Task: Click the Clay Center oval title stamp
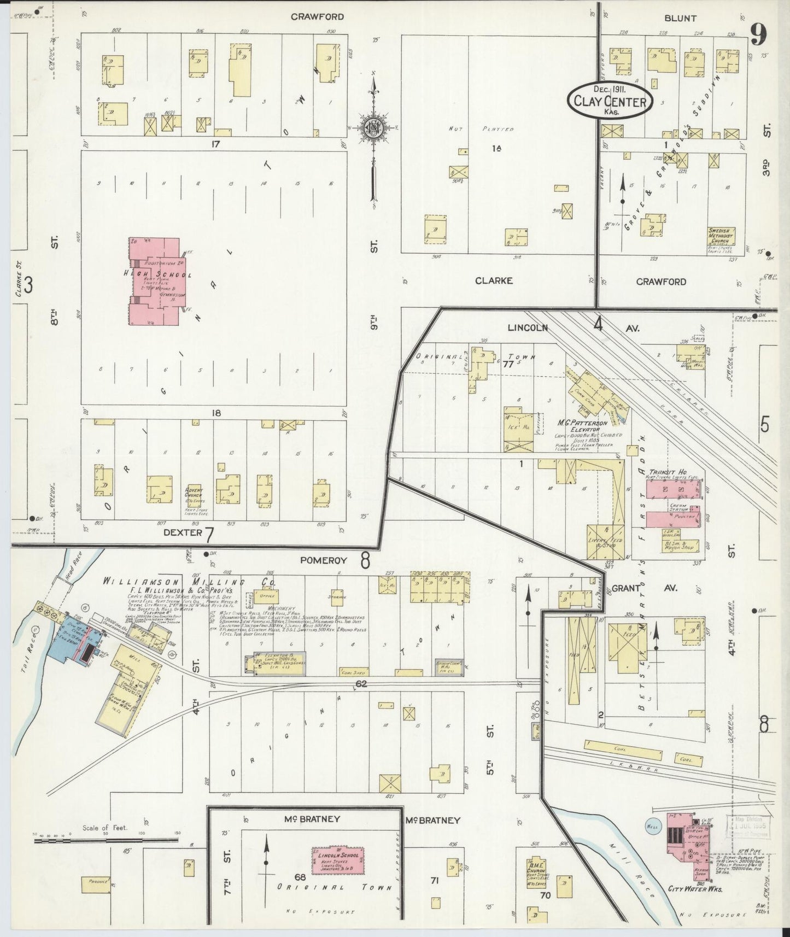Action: [610, 100]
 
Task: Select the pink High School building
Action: [155, 281]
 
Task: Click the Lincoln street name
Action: [528, 327]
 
